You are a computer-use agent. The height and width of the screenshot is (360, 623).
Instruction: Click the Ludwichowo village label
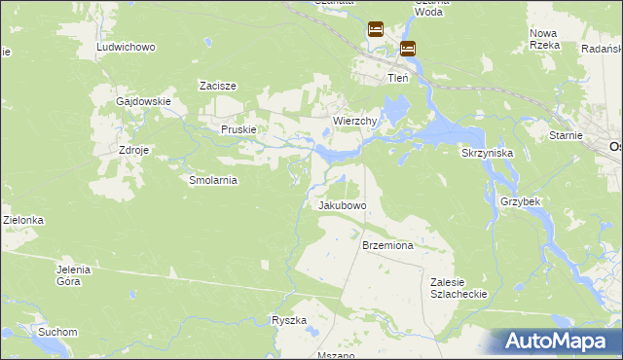[127, 47]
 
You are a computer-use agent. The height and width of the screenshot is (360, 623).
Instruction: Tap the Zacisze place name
[218, 86]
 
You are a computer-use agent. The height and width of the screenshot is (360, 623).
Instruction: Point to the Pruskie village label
[238, 129]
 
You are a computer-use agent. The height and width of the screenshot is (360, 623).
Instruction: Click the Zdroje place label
[133, 151]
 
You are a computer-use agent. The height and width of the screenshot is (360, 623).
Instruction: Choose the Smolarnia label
[212, 180]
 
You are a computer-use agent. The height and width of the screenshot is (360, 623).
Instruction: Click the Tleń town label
[397, 78]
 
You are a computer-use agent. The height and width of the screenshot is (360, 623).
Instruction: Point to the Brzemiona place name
[387, 246]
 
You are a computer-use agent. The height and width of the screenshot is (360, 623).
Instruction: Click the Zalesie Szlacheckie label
[458, 287]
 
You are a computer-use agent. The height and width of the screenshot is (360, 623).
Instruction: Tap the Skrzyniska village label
[487, 153]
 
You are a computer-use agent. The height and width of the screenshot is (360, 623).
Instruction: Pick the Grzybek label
[520, 200]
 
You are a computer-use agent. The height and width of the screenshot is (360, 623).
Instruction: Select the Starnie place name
[566, 135]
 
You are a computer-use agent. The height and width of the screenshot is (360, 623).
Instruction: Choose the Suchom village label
[57, 332]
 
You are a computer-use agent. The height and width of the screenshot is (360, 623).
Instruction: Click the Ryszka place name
[289, 320]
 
